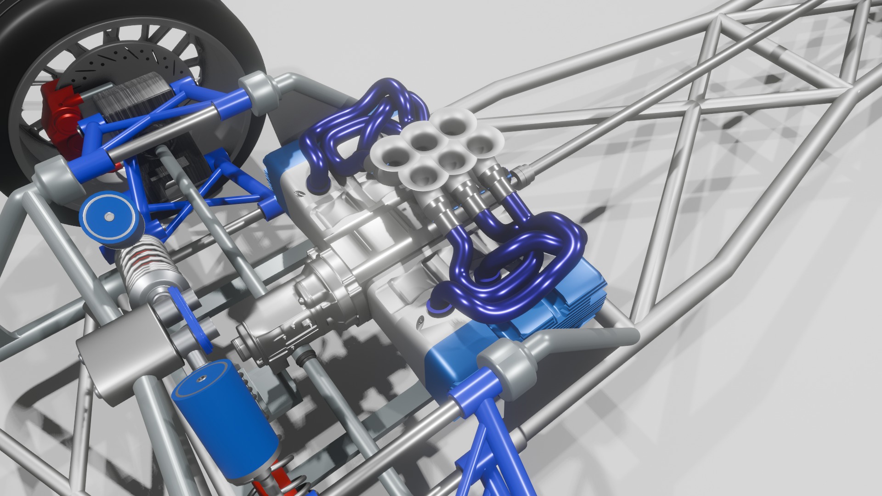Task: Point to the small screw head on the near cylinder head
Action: tap(420, 318)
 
